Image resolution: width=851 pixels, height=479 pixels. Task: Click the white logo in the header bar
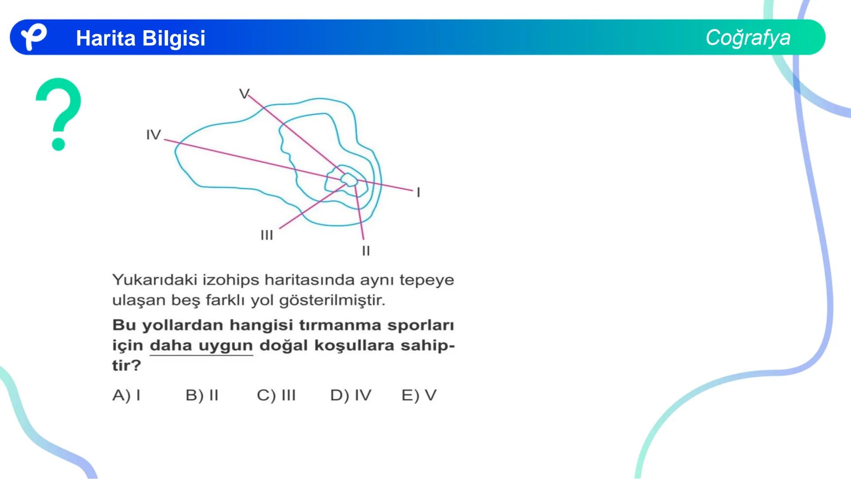pyautogui.click(x=34, y=36)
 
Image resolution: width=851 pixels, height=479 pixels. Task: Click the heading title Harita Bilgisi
pyautogui.click(x=141, y=38)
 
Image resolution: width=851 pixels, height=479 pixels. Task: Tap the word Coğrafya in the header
pyautogui.click(x=748, y=38)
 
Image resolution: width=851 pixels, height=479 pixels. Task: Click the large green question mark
pyautogui.click(x=59, y=114)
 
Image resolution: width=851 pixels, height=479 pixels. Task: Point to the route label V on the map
pyautogui.click(x=244, y=94)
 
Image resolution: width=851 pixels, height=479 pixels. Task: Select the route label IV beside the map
pyautogui.click(x=153, y=134)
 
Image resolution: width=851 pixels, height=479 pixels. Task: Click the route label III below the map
pyautogui.click(x=267, y=235)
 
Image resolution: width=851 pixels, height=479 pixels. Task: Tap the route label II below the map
pyautogui.click(x=366, y=251)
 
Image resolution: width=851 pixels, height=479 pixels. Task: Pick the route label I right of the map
pyautogui.click(x=418, y=192)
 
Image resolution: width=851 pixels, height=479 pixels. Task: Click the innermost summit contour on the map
pyautogui.click(x=349, y=180)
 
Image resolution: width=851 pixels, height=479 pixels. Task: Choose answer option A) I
pyautogui.click(x=126, y=395)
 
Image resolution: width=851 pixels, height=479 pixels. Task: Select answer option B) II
pyautogui.click(x=202, y=395)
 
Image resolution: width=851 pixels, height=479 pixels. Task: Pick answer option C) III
pyautogui.click(x=276, y=395)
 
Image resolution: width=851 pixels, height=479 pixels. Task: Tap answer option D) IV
pyautogui.click(x=351, y=395)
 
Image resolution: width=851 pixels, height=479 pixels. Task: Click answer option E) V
pyautogui.click(x=419, y=395)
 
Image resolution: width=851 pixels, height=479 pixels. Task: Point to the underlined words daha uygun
pyautogui.click(x=201, y=346)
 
